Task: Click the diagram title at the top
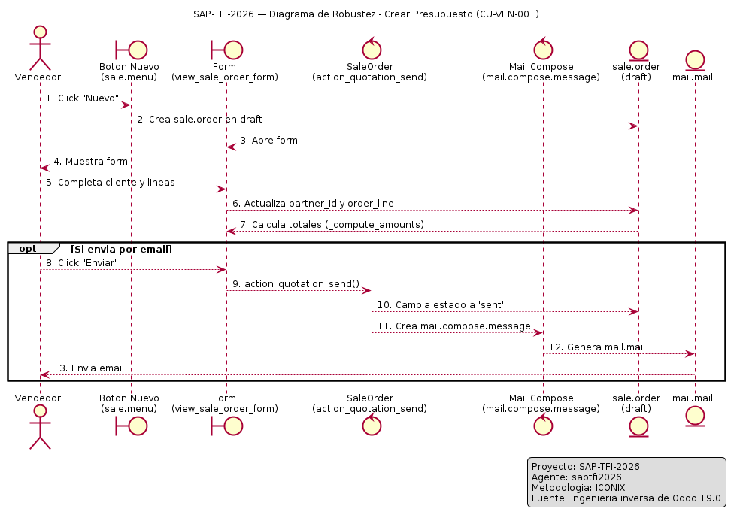point(366,14)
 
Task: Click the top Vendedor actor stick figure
point(40,48)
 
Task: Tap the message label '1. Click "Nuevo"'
point(82,98)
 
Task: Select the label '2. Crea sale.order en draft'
point(199,120)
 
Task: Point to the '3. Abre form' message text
point(268,141)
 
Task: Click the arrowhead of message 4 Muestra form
point(44,168)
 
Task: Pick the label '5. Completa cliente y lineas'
point(111,183)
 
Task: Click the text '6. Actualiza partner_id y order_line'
point(313,204)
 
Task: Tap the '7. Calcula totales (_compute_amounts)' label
point(332,225)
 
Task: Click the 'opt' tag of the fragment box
point(28,249)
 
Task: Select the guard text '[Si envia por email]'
point(121,249)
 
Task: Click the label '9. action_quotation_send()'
point(296,284)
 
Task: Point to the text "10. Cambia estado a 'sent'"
point(441,305)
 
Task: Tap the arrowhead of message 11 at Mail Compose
point(538,333)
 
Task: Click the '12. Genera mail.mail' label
point(597,347)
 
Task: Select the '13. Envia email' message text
point(89,368)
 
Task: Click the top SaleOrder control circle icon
point(372,48)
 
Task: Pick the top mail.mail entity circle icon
point(695,61)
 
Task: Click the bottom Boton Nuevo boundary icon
point(132,426)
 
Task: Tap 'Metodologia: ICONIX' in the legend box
point(578,488)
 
